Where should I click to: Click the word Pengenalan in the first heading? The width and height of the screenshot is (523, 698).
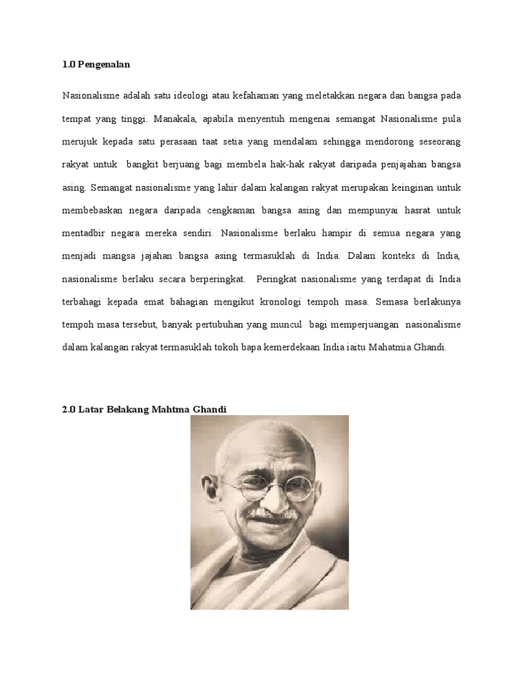[104, 65]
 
